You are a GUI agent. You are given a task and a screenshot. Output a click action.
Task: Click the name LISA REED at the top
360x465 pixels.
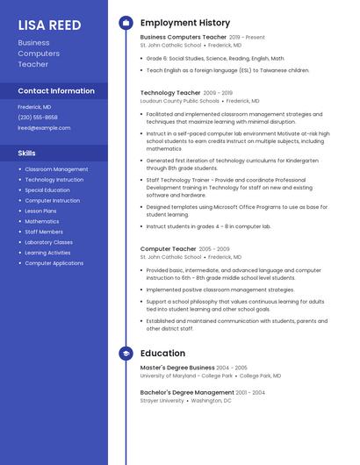(49, 25)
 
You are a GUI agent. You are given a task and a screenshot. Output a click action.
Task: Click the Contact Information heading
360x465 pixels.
(56, 90)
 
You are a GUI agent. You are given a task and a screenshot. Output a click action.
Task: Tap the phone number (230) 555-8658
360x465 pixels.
(38, 117)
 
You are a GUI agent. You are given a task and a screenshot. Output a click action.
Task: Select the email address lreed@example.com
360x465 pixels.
(44, 127)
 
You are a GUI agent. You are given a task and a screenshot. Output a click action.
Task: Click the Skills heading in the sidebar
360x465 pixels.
(27, 153)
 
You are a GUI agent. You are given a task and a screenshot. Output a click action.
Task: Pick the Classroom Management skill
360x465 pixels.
(56, 169)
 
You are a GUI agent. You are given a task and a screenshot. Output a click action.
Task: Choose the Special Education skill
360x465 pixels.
(47, 190)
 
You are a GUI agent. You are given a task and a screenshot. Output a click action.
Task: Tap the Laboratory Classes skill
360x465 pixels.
(48, 242)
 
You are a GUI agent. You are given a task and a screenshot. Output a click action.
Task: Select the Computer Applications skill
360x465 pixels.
(54, 263)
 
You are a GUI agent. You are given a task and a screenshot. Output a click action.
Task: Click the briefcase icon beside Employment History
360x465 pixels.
(126, 23)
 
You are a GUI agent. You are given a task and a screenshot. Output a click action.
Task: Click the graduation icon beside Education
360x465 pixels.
(126, 354)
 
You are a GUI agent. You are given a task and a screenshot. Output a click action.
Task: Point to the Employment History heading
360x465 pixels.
(184, 23)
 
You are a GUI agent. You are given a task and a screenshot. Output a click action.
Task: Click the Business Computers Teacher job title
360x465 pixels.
(183, 38)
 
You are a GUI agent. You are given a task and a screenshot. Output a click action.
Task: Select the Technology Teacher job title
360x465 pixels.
(170, 92)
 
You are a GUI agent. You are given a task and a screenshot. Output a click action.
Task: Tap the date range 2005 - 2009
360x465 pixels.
(214, 249)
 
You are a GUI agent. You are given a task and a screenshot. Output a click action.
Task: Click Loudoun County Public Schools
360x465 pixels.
(180, 101)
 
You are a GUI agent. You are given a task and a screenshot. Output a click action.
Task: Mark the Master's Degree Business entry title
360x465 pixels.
(177, 368)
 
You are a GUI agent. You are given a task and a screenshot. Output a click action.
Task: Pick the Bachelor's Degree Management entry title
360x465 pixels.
(187, 392)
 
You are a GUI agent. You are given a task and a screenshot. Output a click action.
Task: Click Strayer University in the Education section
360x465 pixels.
(162, 401)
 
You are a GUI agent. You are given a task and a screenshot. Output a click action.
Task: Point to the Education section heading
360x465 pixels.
(162, 354)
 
